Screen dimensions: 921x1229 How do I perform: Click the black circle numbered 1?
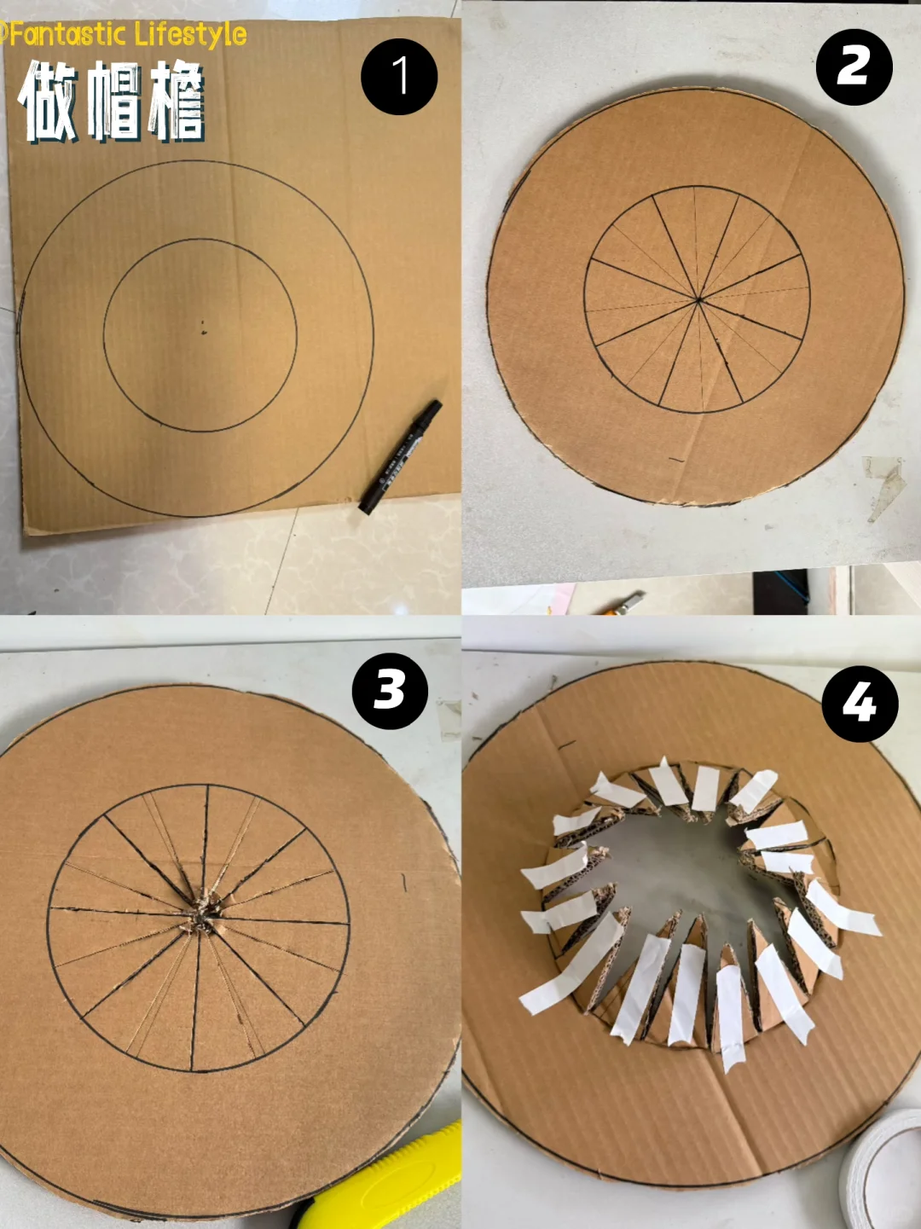point(398,77)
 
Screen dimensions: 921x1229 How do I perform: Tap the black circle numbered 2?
point(854,67)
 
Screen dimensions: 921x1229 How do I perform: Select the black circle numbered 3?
point(390,691)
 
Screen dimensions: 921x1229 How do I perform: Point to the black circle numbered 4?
point(860,704)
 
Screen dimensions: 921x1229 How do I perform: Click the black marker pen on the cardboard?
point(400,456)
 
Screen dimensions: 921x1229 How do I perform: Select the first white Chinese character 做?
point(47,101)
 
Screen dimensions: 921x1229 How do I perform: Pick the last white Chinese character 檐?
point(177,101)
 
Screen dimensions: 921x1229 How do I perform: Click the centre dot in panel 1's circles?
point(204,329)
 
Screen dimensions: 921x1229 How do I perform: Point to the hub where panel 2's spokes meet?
point(698,301)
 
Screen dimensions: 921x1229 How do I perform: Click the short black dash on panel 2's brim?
point(677,461)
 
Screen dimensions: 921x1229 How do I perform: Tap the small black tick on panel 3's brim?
point(405,883)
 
